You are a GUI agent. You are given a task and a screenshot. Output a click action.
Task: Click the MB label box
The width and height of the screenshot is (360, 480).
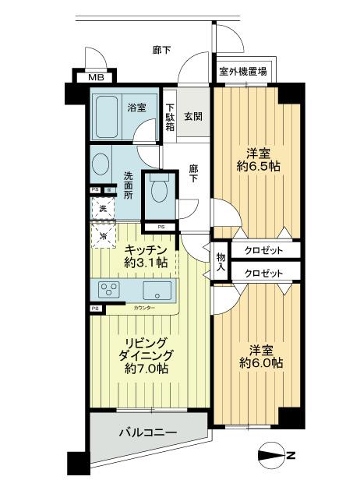94,76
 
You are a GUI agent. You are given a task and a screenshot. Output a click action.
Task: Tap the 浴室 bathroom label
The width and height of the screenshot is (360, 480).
136,107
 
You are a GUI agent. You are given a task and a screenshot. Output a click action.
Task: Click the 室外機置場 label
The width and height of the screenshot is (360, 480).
242,72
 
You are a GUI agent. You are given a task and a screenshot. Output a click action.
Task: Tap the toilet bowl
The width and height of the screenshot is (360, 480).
159,190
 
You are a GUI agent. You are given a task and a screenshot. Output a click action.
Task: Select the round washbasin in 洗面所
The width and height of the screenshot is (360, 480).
101,164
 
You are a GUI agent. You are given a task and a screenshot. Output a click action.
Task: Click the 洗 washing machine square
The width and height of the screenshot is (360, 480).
101,208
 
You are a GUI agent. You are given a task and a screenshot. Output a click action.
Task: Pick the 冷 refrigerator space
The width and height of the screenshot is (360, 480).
102,233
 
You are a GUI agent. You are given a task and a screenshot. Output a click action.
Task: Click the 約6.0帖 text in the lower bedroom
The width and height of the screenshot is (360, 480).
260,363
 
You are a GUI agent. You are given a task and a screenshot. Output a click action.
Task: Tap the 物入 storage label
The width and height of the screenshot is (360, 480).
221,262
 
